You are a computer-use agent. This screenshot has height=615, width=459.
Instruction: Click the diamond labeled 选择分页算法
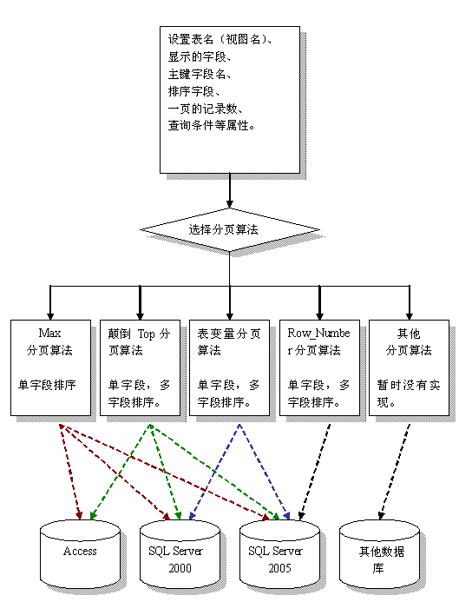(x=229, y=230)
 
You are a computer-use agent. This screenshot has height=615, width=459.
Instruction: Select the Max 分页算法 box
(x=50, y=368)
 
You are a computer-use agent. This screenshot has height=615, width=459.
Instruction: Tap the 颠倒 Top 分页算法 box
(x=141, y=368)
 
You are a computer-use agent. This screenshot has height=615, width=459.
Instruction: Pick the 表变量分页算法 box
(x=229, y=368)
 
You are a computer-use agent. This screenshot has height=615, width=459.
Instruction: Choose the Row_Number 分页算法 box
(x=319, y=368)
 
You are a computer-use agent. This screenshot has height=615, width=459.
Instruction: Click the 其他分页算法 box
(x=409, y=368)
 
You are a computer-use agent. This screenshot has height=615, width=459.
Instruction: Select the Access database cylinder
(x=80, y=554)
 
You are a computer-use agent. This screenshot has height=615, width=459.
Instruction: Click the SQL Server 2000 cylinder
(x=180, y=554)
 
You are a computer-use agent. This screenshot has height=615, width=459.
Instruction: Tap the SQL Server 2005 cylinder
(x=279, y=554)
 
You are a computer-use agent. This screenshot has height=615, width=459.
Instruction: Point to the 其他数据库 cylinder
(x=379, y=554)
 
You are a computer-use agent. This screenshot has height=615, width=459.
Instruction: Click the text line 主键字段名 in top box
(x=200, y=74)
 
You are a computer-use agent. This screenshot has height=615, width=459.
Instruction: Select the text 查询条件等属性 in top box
(x=212, y=125)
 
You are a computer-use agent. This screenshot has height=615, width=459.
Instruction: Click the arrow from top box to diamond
(x=229, y=190)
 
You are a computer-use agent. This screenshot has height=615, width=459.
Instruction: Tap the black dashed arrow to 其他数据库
(x=395, y=472)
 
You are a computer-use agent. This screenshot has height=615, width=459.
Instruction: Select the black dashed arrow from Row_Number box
(x=314, y=472)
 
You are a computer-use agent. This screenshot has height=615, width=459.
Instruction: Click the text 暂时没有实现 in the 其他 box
(x=409, y=393)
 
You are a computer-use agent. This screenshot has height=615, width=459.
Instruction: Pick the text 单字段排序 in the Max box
(x=47, y=385)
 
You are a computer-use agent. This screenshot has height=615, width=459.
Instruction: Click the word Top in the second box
(x=147, y=334)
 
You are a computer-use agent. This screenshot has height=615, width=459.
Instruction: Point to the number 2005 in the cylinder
(x=279, y=568)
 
